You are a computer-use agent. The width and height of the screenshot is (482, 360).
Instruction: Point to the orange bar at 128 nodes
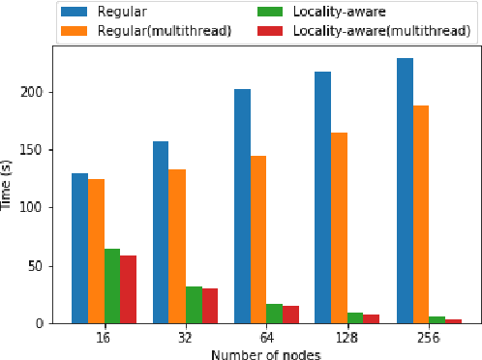click(x=340, y=227)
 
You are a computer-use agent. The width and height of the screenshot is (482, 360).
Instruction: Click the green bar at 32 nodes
click(x=194, y=304)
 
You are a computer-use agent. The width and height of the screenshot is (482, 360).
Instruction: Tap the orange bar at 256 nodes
click(x=421, y=214)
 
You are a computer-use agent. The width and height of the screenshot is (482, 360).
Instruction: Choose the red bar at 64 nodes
click(x=291, y=314)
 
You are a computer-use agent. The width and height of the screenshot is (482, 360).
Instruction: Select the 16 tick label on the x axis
click(x=104, y=338)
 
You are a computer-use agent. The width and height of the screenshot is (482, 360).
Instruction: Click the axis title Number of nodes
click(x=266, y=353)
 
